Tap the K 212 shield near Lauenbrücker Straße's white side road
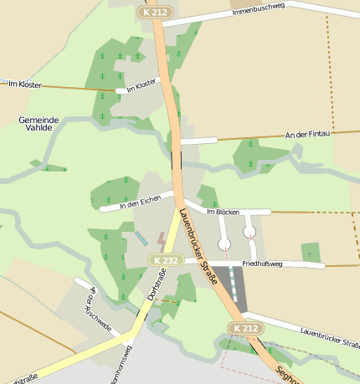(x=245, y=328)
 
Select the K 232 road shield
(x=164, y=261)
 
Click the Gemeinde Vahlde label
(x=39, y=125)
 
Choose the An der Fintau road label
(x=308, y=134)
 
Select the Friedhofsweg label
(x=263, y=264)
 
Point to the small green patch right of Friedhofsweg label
(x=311, y=250)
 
